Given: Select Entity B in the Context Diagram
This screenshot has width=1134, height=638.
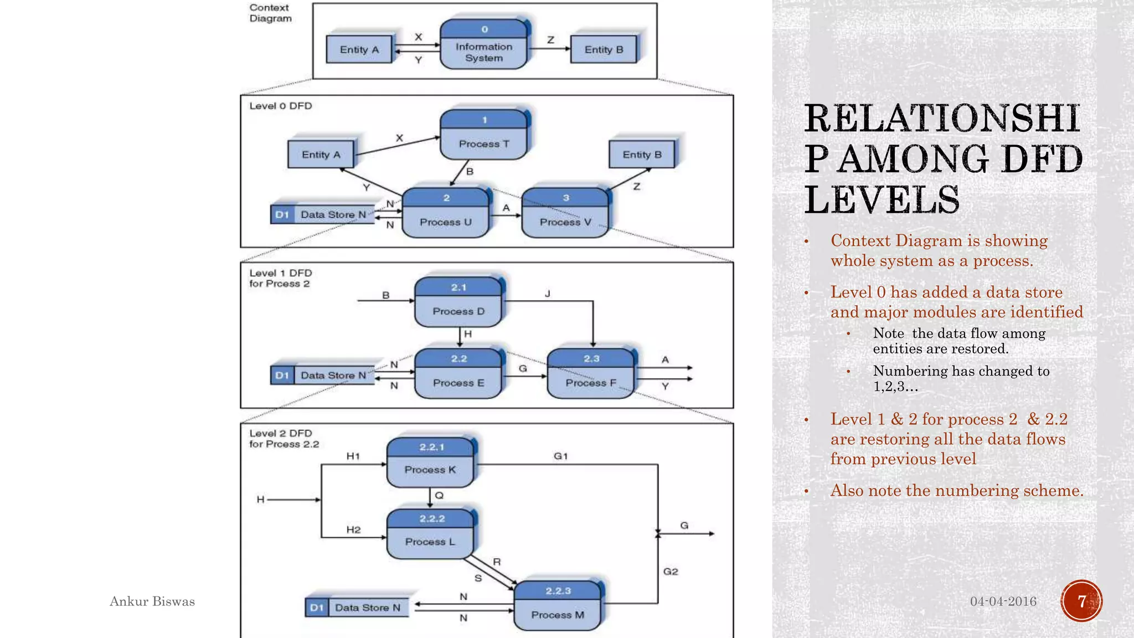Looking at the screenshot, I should [x=604, y=49].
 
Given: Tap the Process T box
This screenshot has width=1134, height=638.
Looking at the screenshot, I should [x=483, y=135].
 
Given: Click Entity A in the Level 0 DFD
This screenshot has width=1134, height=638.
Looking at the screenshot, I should [x=321, y=155].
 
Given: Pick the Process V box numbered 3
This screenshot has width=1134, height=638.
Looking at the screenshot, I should [x=565, y=214].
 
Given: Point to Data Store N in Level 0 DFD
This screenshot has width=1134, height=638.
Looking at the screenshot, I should [x=333, y=214].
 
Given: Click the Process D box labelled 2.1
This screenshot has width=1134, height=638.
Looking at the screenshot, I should [x=458, y=302].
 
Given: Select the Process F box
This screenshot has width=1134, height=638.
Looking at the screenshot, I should [x=590, y=374].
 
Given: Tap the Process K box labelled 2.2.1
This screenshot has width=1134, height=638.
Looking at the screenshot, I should [x=430, y=462].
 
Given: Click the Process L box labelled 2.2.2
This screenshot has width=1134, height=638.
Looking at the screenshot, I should [x=430, y=534].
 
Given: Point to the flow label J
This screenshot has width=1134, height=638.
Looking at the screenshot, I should [x=547, y=294].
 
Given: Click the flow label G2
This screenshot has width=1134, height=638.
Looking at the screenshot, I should [x=670, y=571].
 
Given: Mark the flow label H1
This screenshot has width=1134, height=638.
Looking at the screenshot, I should [x=353, y=456].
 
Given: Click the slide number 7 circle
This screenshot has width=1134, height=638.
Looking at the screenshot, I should [x=1081, y=601].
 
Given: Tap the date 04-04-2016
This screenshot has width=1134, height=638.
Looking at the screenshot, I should [x=1003, y=601].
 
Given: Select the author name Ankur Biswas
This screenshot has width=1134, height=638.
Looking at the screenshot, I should [x=152, y=601].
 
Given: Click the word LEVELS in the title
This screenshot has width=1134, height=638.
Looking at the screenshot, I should [x=882, y=200].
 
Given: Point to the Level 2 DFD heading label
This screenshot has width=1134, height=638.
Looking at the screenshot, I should [x=280, y=434].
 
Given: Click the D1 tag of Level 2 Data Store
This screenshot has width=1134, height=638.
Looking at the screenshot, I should [x=316, y=608].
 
